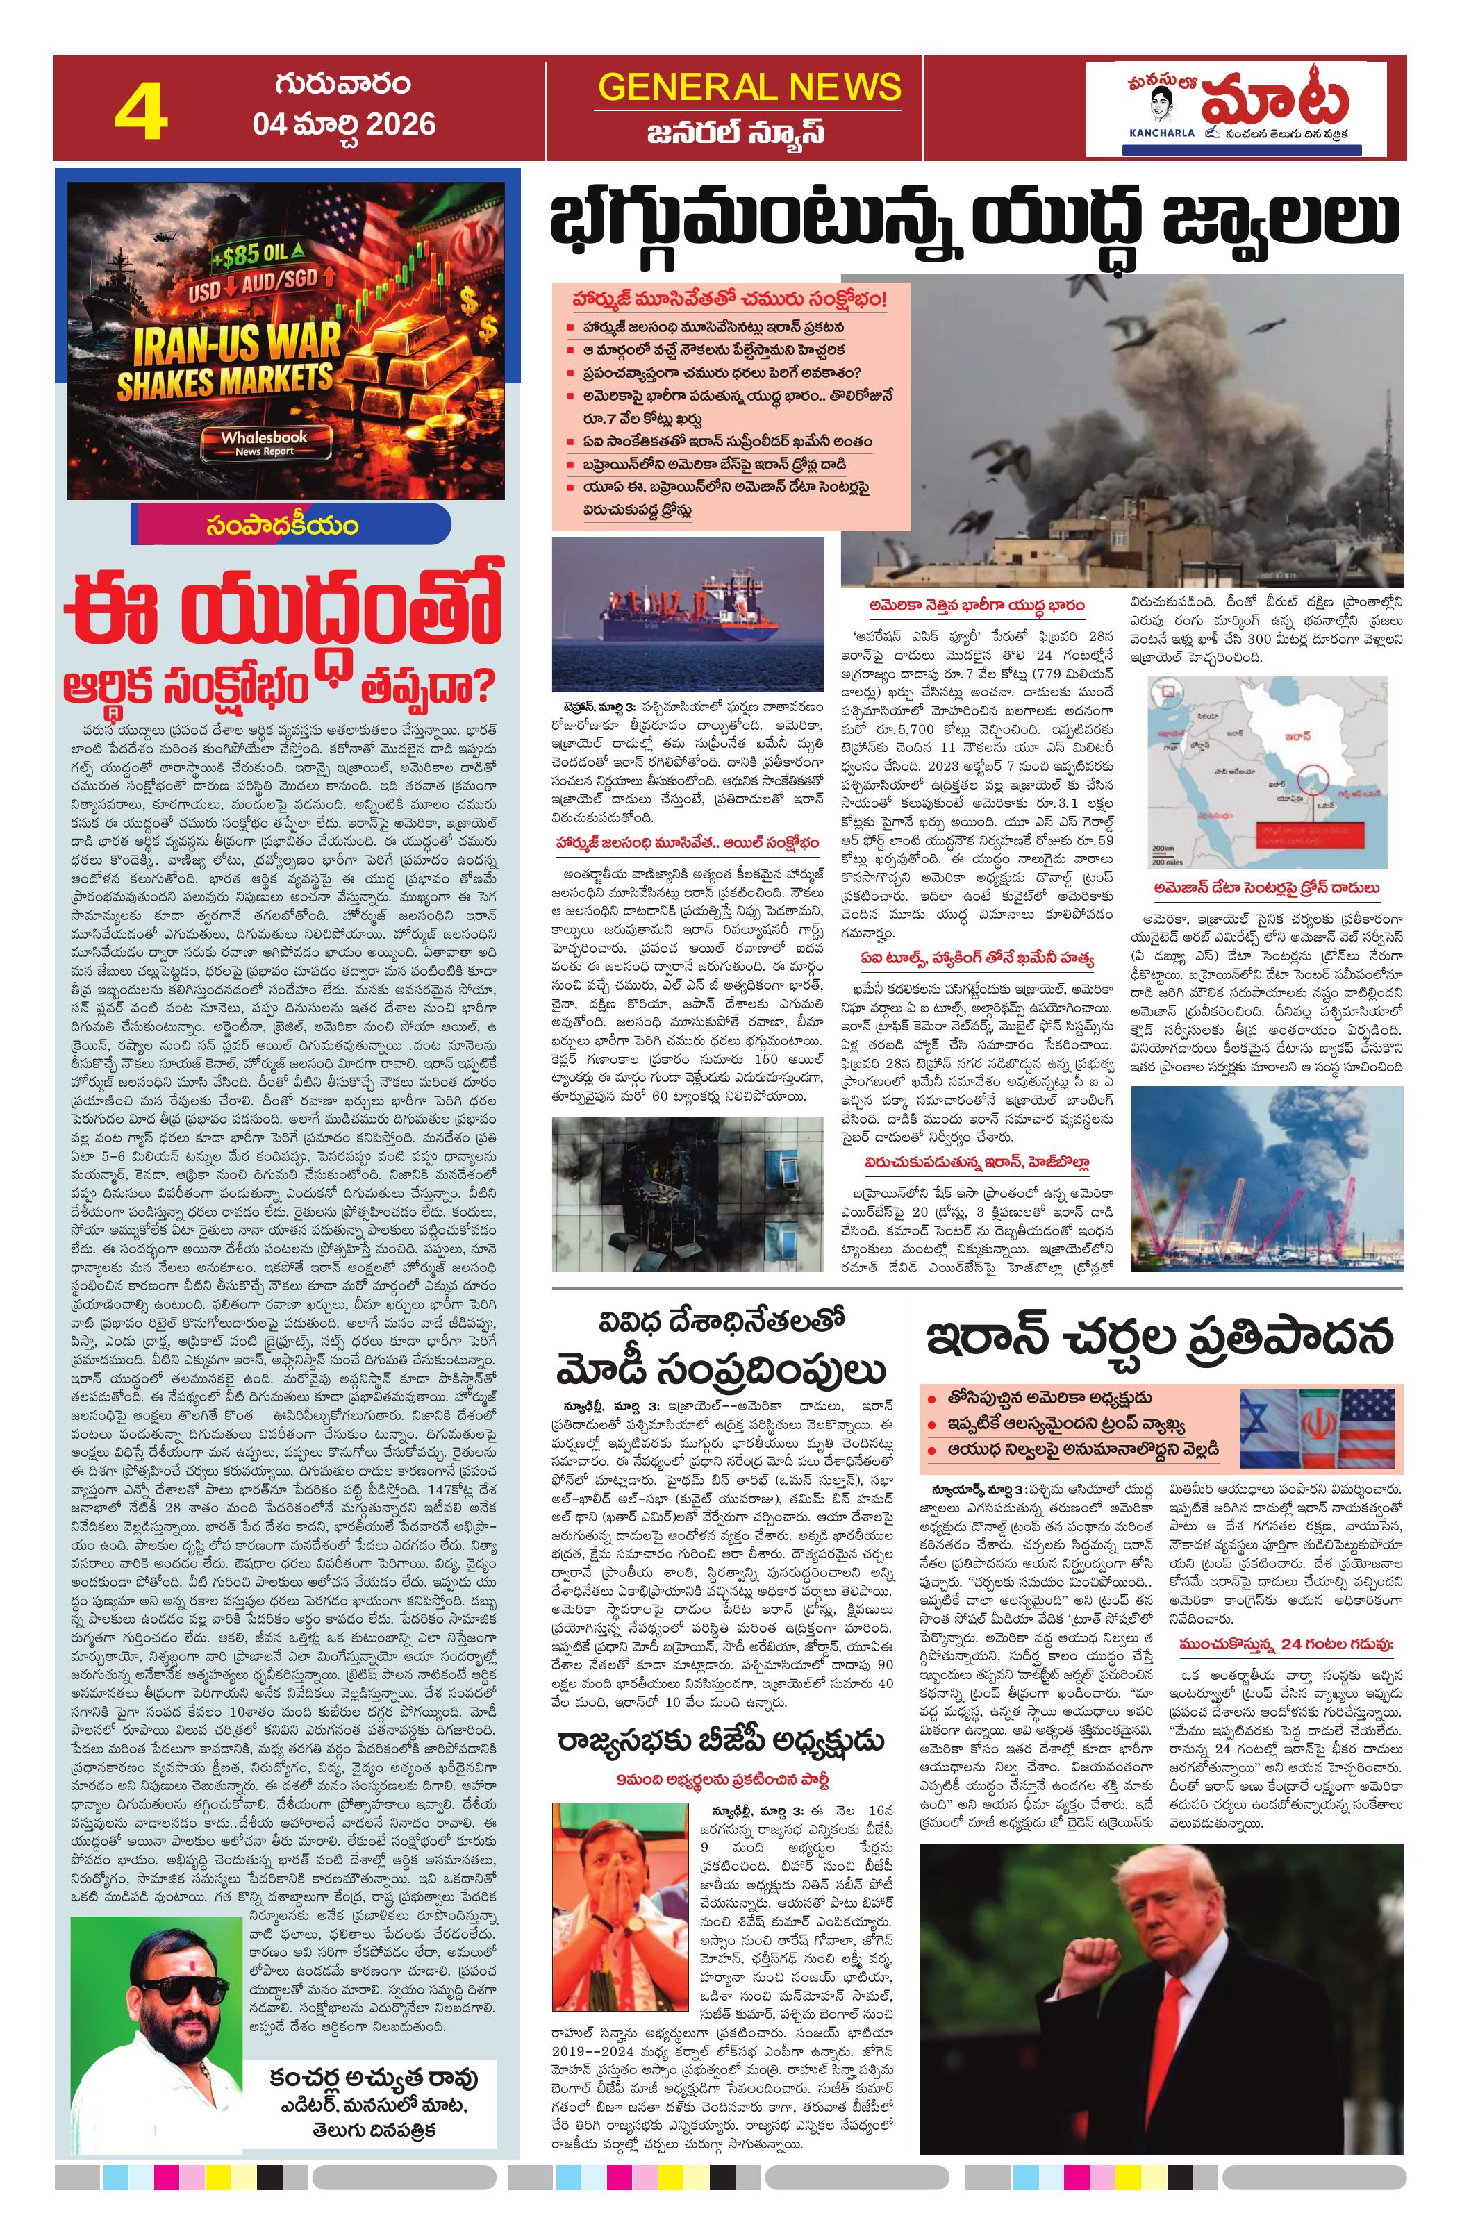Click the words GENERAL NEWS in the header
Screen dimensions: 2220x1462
[x=749, y=87]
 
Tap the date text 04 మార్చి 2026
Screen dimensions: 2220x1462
[x=343, y=124]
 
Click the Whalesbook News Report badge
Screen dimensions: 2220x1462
[x=264, y=442]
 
